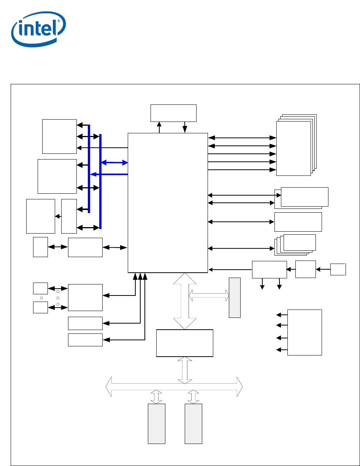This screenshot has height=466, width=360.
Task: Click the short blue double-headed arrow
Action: [114, 162]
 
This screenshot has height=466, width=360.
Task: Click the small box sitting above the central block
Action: [173, 113]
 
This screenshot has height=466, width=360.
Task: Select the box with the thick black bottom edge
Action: [184, 343]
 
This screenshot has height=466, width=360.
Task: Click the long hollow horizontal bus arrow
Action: [174, 387]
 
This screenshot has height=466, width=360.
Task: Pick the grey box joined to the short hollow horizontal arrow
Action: [235, 297]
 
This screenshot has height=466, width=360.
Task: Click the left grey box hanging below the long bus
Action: [156, 423]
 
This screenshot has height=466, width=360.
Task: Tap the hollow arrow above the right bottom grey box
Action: [193, 396]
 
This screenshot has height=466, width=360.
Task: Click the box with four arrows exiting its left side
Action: [304, 332]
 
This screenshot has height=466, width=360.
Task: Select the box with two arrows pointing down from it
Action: [269, 269]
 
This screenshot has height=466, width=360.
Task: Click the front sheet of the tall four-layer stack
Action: [293, 148]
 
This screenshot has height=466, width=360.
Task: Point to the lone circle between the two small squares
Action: [41, 298]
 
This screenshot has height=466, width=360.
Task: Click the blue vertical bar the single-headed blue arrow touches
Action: [89, 169]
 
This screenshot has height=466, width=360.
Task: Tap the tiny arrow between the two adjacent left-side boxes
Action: [58, 216]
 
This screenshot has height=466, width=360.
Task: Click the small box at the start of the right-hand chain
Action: [338, 269]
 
